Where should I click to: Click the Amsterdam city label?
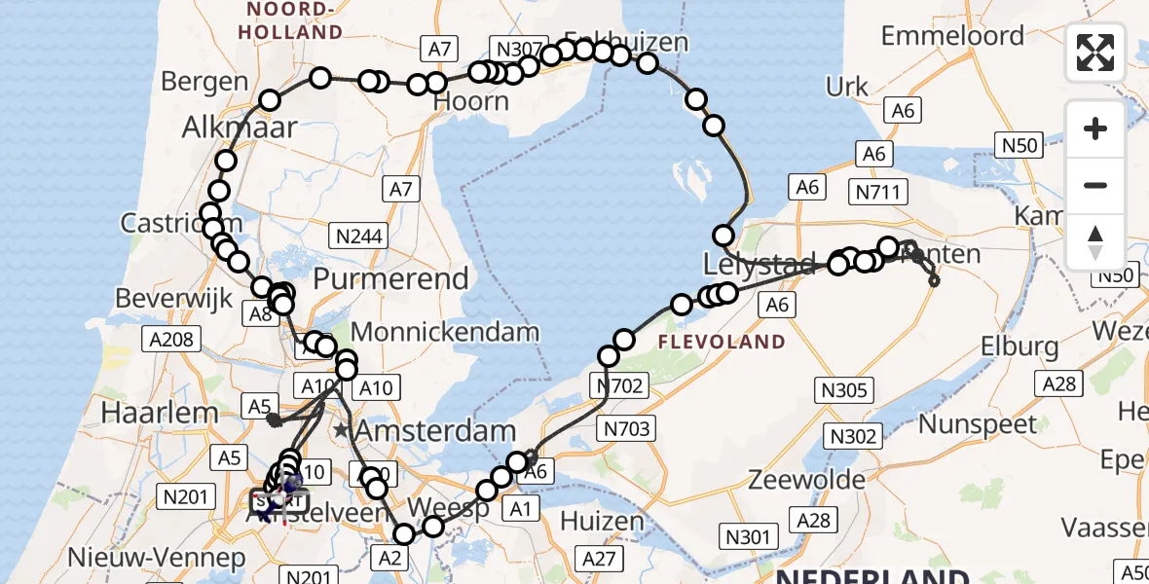point(435,430)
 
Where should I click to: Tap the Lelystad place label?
point(745,265)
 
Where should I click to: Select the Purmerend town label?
point(390,279)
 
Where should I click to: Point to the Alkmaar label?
point(239,127)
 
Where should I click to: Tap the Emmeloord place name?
point(952,36)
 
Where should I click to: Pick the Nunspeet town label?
point(979,424)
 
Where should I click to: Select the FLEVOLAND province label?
point(722,342)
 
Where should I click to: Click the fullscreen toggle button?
point(1095,53)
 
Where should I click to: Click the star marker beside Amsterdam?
point(342,429)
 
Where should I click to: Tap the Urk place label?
point(847,86)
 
